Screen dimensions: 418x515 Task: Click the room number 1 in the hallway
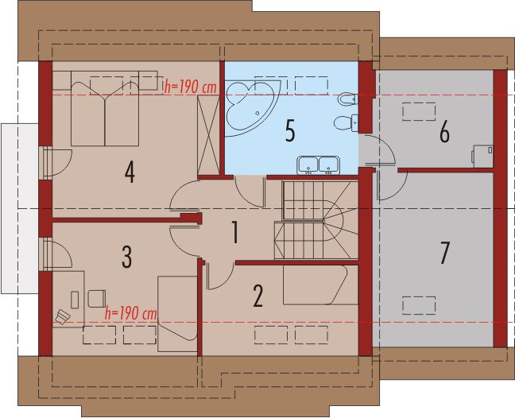click(234, 232)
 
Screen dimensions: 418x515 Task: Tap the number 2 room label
click(257, 295)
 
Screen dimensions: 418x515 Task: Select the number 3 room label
click(126, 257)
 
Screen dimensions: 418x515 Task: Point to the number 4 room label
click(129, 172)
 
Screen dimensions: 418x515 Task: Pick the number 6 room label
click(443, 131)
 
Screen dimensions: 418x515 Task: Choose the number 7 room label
click(444, 253)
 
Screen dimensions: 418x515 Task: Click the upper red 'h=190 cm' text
click(190, 87)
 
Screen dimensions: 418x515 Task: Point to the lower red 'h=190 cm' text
click(130, 312)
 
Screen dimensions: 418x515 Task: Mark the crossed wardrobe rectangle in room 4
click(209, 129)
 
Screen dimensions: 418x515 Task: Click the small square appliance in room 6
click(482, 153)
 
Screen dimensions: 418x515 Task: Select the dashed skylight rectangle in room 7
click(419, 304)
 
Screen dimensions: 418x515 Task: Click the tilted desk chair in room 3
click(62, 317)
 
